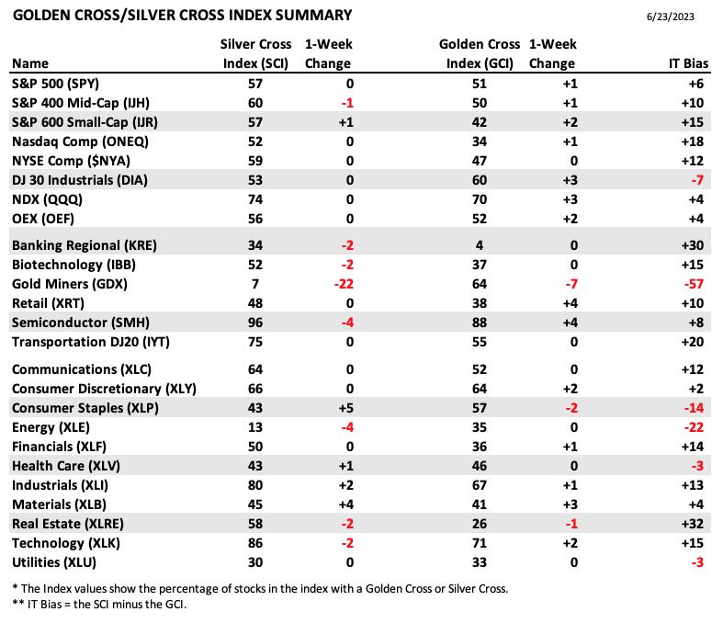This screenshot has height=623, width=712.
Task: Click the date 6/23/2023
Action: (x=671, y=17)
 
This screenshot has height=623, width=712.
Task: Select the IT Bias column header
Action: (x=688, y=63)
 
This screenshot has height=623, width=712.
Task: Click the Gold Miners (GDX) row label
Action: (x=70, y=284)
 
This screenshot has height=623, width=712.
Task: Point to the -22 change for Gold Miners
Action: (x=344, y=284)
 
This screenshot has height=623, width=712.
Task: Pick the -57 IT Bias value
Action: (x=694, y=284)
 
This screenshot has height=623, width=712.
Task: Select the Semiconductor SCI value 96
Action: (x=255, y=323)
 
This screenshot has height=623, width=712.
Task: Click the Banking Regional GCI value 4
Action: (x=480, y=245)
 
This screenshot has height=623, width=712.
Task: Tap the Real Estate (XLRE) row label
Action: (x=68, y=524)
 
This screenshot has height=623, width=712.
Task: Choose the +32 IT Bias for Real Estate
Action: (x=693, y=524)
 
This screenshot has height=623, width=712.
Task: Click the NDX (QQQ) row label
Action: (x=47, y=199)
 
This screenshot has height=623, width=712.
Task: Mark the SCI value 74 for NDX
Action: (x=255, y=199)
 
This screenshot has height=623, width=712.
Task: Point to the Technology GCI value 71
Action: (x=480, y=544)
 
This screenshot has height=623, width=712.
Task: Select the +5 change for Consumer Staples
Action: (x=346, y=408)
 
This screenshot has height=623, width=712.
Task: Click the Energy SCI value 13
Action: (x=255, y=428)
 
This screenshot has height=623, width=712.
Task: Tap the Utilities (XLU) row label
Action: (x=54, y=563)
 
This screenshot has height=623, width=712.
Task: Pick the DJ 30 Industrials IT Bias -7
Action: (x=697, y=181)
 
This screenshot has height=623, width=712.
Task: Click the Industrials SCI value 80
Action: (x=255, y=485)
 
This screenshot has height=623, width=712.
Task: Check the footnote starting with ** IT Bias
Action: (x=99, y=605)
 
